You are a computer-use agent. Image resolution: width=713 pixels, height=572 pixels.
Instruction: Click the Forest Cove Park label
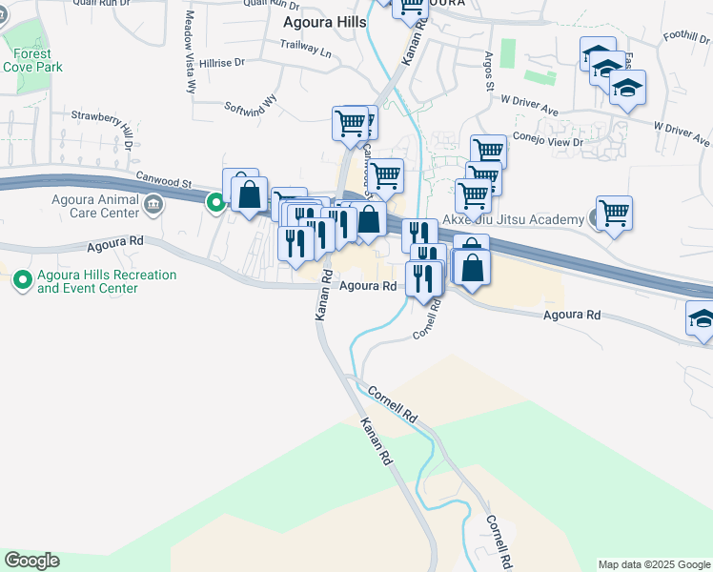pos(32,61)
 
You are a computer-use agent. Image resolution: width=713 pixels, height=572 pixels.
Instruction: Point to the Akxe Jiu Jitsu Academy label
pos(519,220)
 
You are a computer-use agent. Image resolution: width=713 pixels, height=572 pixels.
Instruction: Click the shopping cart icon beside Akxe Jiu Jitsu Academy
pos(614,214)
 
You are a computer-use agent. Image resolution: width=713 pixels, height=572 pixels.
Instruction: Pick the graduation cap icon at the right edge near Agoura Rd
pos(702,321)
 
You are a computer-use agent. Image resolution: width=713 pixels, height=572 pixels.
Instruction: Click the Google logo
pos(31,561)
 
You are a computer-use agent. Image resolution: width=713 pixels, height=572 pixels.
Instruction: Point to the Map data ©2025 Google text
pos(653,564)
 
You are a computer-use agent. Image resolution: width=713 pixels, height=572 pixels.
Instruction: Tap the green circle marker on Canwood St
pos(216,201)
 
